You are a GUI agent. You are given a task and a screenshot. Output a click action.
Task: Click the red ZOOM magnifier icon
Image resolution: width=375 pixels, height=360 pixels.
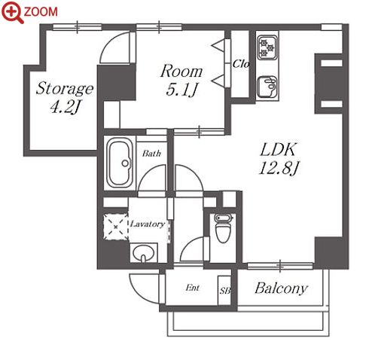[13, 11]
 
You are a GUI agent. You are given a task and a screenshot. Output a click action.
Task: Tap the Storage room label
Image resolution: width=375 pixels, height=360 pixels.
[65, 89]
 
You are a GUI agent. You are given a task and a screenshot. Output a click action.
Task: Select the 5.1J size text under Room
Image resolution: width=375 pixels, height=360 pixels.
[181, 90]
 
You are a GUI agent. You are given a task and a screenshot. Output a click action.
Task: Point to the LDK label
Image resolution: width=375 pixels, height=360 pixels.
[279, 150]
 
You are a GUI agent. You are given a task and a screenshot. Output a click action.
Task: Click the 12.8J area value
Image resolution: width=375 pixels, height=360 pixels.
[279, 168]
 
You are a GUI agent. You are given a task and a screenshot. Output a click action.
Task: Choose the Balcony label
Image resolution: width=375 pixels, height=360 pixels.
[281, 288]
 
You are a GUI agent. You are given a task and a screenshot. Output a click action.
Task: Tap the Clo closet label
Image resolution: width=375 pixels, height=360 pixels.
[240, 64]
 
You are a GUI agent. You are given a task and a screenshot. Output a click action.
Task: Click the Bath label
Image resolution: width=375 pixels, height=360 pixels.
[151, 154]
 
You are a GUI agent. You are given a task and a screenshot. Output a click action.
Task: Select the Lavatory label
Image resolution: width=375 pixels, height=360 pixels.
[148, 224]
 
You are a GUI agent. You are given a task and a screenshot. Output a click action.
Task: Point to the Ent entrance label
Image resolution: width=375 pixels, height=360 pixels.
[193, 288]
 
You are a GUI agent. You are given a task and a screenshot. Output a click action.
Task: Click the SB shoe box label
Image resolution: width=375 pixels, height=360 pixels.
[225, 291]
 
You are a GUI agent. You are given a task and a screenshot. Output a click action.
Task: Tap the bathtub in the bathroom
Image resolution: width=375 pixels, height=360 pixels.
[120, 163]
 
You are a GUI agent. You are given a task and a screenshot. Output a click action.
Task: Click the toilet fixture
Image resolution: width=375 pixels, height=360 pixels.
[223, 228]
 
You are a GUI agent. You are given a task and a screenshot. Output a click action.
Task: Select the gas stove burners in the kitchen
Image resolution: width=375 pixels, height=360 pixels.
[267, 47]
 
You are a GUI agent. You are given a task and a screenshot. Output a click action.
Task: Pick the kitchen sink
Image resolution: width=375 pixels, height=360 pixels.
[267, 87]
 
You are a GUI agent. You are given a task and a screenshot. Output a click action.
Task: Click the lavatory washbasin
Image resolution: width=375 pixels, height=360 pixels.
[143, 253]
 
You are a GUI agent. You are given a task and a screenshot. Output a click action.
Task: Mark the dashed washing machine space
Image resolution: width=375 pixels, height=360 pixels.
[116, 227]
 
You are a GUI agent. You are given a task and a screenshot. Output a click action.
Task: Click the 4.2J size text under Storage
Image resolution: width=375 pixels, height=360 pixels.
[65, 107]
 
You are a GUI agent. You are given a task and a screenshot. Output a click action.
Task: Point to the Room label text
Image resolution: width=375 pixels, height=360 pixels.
[181, 72]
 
